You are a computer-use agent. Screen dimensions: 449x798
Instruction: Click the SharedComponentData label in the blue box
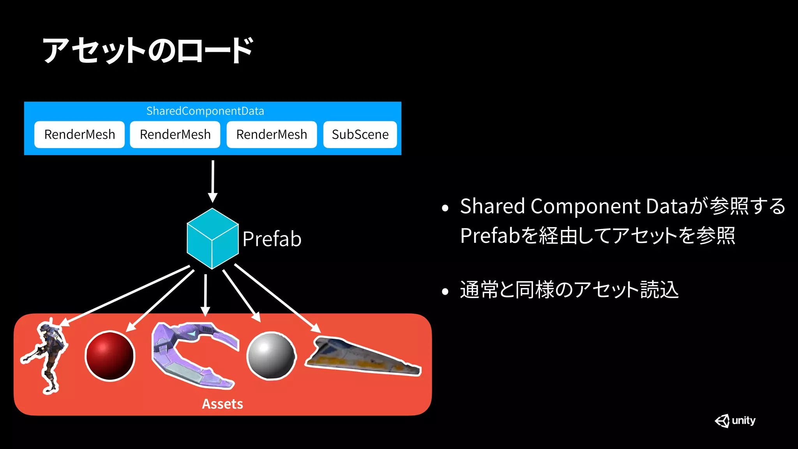(x=205, y=111)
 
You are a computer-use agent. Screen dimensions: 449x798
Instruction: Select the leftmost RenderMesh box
(x=79, y=134)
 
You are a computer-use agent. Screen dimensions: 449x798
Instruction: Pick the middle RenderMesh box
(x=175, y=134)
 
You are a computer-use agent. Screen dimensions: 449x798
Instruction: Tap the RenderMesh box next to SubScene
(x=272, y=134)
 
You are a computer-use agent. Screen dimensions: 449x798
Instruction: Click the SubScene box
(x=360, y=134)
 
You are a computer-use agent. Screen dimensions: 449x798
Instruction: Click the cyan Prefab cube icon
(x=212, y=239)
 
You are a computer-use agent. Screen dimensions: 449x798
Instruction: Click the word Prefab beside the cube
(x=272, y=239)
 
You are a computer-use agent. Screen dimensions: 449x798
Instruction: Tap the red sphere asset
(x=110, y=355)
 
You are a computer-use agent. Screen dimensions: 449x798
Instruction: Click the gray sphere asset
(x=272, y=355)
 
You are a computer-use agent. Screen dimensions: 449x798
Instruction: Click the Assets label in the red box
(x=222, y=404)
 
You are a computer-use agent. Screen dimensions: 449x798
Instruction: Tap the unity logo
(x=735, y=421)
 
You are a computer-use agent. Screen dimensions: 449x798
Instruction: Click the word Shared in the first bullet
(x=492, y=206)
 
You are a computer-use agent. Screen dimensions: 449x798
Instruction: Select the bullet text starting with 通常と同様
(x=569, y=290)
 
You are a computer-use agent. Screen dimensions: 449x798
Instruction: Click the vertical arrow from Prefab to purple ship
(x=205, y=294)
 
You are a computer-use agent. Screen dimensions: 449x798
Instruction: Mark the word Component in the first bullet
(x=585, y=206)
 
